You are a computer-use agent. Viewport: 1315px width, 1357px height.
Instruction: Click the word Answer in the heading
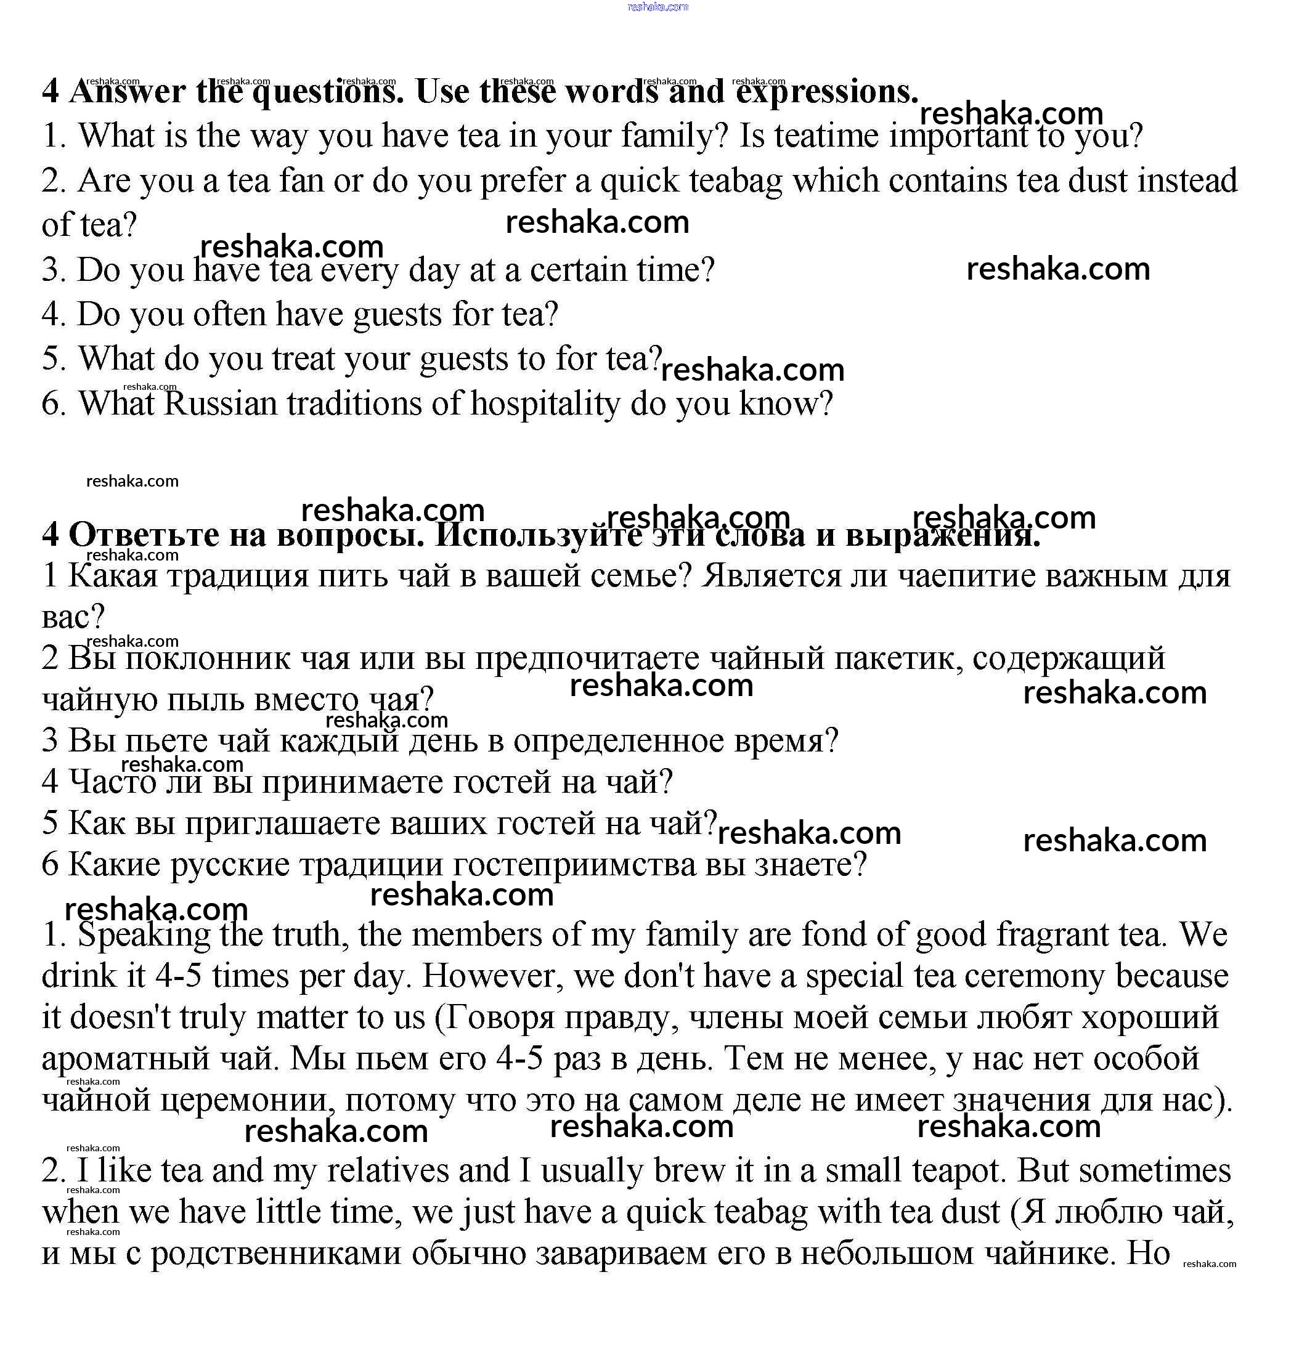pyautogui.click(x=128, y=92)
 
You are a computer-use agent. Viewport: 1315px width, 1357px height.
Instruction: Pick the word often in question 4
pyautogui.click(x=229, y=314)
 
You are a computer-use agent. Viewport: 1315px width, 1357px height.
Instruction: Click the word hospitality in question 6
pyautogui.click(x=545, y=403)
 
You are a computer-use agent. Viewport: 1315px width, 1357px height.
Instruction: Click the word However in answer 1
pyautogui.click(x=488, y=976)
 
